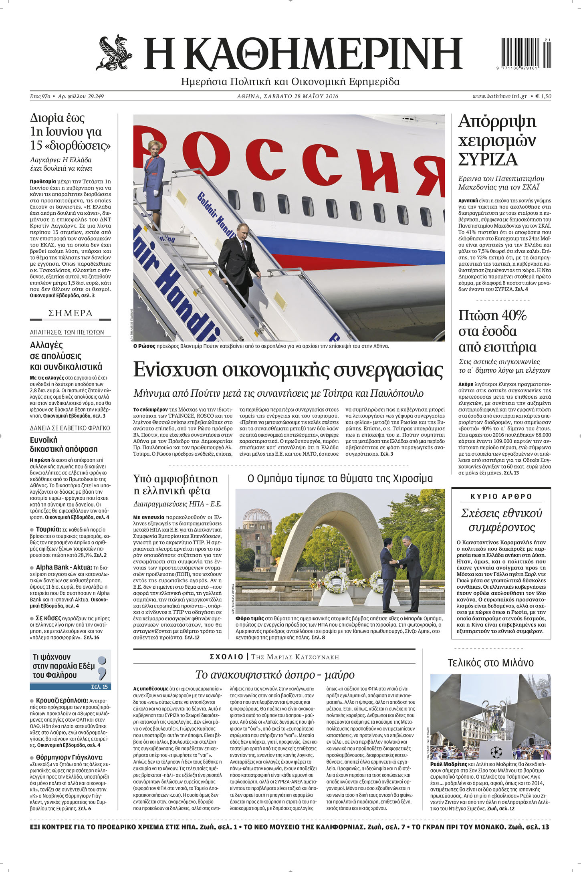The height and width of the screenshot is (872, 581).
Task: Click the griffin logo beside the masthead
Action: (x=114, y=52)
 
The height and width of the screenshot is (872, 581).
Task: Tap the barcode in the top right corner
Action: (x=525, y=52)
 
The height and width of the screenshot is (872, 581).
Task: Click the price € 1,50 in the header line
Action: (x=543, y=96)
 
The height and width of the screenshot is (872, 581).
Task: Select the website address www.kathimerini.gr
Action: (x=499, y=96)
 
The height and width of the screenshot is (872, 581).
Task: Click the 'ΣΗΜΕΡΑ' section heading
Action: (x=71, y=313)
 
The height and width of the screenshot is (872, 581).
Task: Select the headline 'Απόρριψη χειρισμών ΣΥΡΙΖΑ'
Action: (x=497, y=140)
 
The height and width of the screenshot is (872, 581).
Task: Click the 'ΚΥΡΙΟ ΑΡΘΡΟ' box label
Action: (x=501, y=497)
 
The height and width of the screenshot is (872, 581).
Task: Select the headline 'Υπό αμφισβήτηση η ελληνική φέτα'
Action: (x=176, y=484)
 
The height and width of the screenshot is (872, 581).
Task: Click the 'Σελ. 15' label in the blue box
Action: (x=99, y=687)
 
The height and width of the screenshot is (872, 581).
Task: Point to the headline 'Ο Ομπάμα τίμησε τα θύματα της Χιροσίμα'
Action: (x=340, y=478)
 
